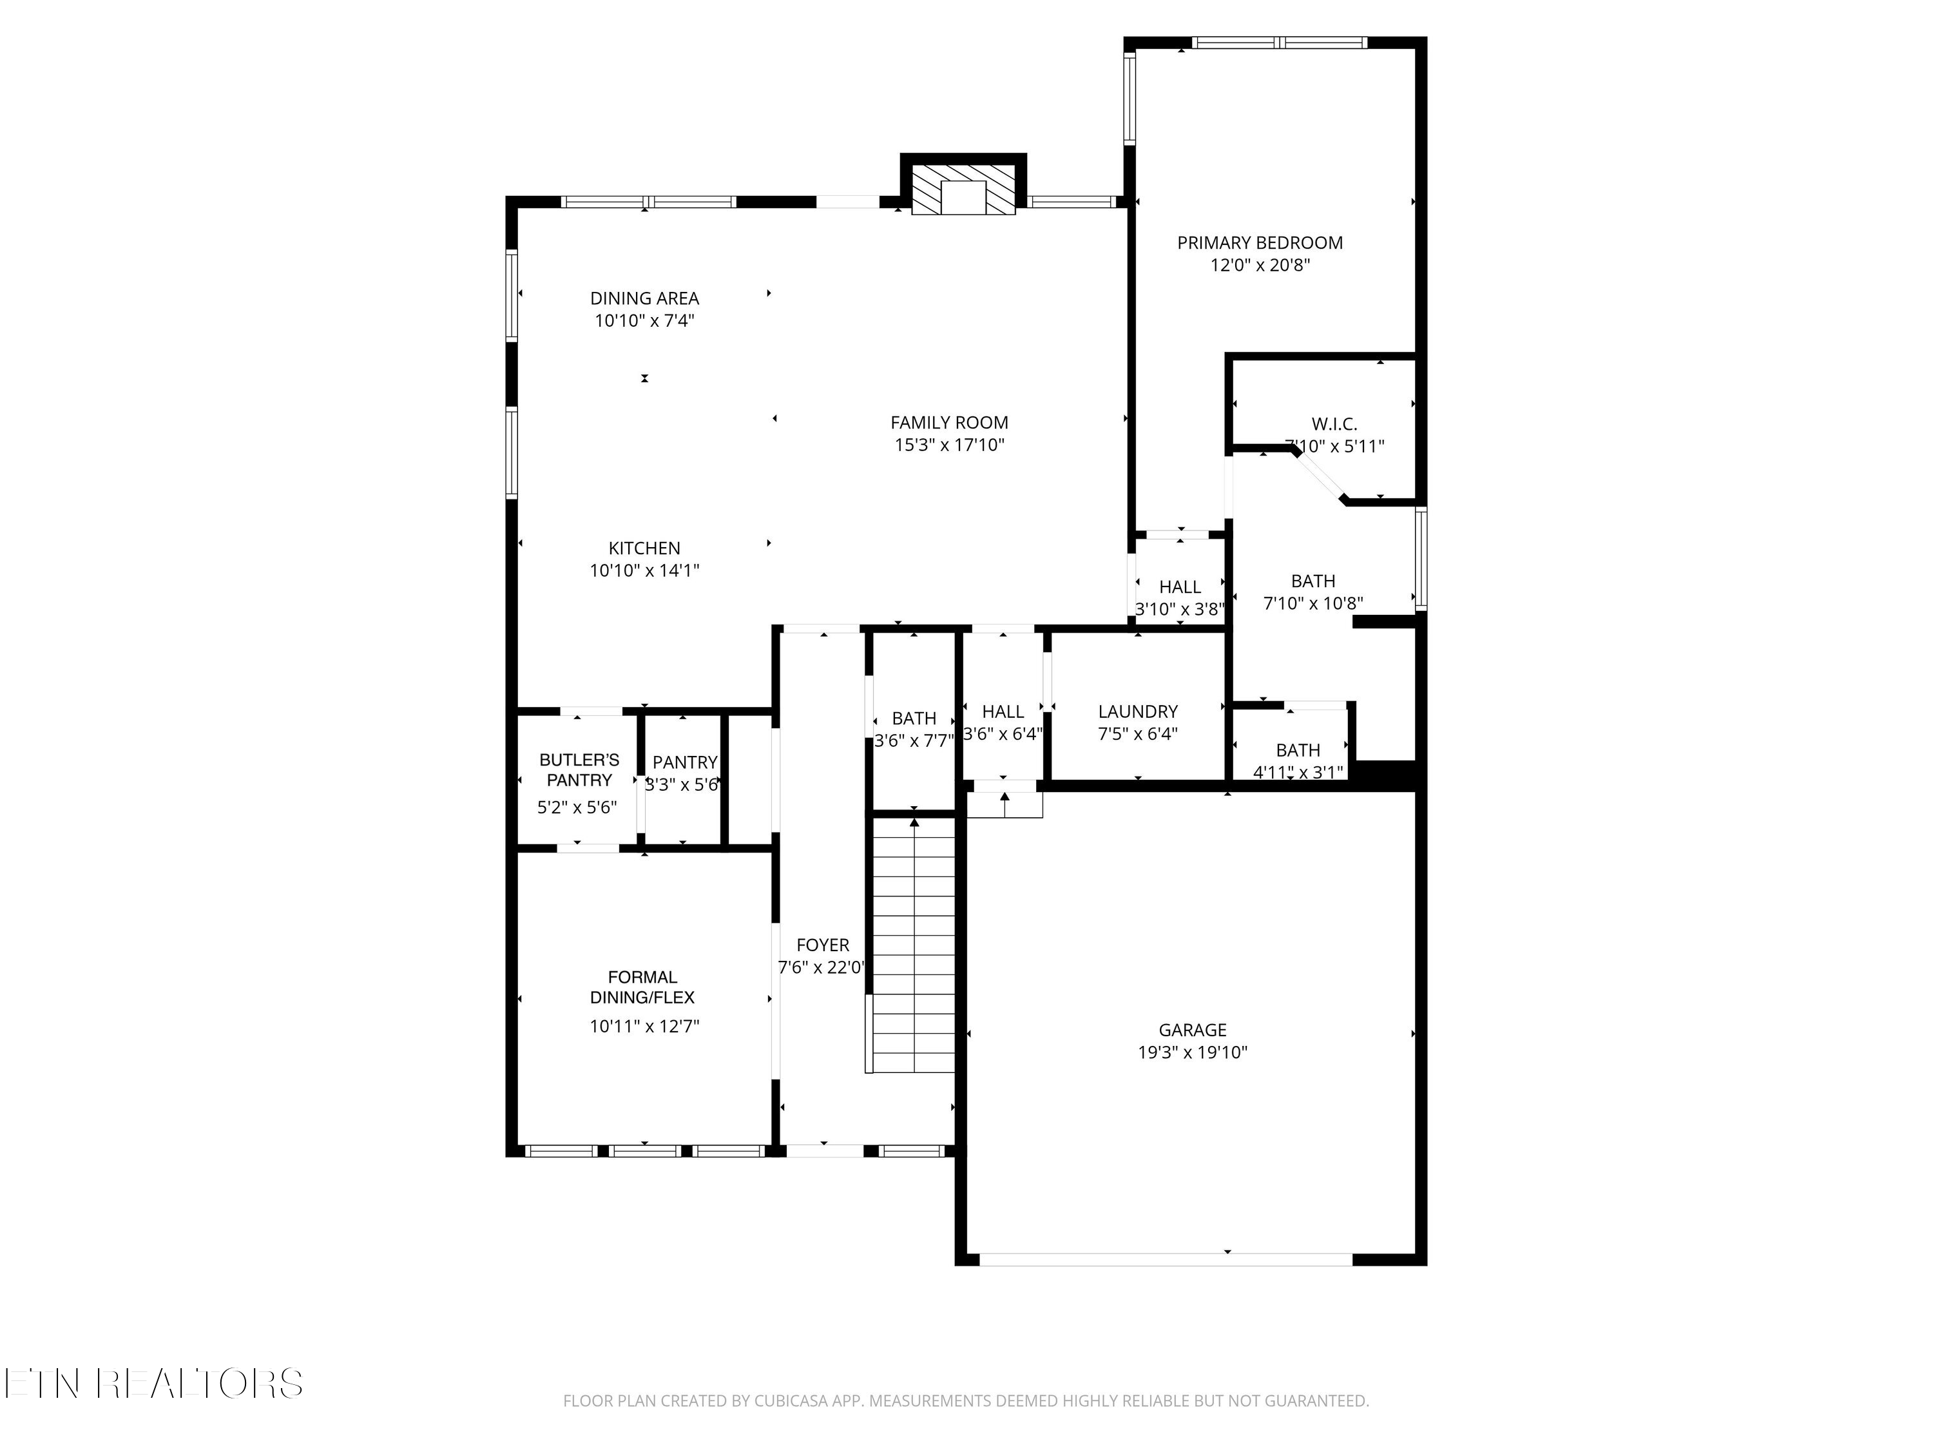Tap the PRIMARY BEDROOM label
coord(1259,243)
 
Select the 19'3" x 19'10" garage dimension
coord(1192,1052)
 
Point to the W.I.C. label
coord(1334,425)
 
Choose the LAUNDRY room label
coord(1138,711)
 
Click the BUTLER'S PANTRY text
coord(579,770)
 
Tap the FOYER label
coord(822,945)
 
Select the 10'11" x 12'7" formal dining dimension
coord(644,1026)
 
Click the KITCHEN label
coord(644,548)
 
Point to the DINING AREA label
coord(644,298)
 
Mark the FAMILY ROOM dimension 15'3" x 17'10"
coord(949,445)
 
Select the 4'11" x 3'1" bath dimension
coord(1298,773)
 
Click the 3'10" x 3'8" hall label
coord(1180,609)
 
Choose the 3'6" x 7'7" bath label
coord(914,741)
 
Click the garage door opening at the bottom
coord(1166,1259)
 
